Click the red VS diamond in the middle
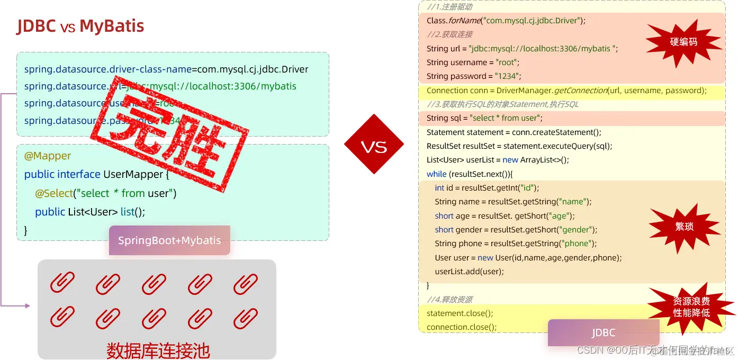[374, 145]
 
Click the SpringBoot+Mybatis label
[169, 240]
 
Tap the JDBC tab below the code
[603, 332]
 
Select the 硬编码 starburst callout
[683, 42]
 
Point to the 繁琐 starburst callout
[684, 227]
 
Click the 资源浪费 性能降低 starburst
[691, 307]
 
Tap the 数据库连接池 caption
[158, 350]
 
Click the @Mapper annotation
[48, 156]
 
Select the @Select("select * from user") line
[105, 193]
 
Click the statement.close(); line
[460, 313]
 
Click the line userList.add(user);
[469, 272]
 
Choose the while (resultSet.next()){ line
[470, 174]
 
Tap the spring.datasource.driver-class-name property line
[166, 69]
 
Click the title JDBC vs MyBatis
[80, 26]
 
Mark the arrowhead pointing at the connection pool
[28, 305]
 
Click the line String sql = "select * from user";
[484, 118]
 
